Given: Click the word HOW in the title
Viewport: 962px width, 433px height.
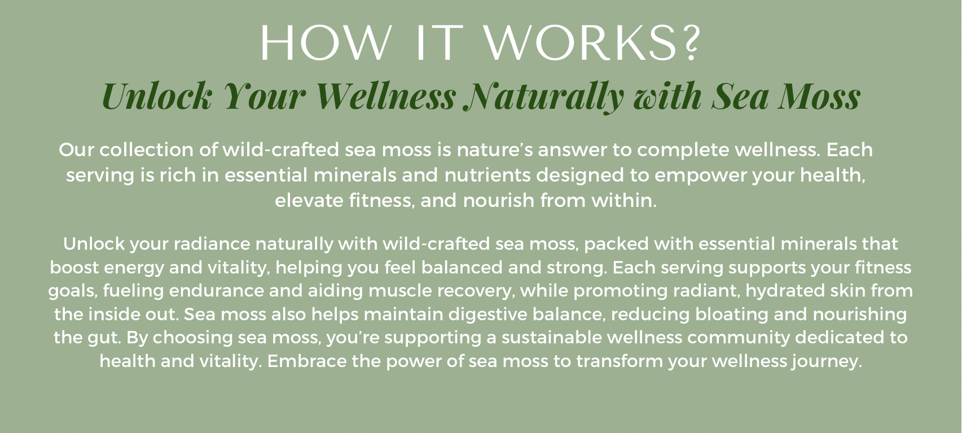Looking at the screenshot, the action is (324, 43).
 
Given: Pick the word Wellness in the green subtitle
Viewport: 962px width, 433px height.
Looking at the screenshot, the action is (386, 96).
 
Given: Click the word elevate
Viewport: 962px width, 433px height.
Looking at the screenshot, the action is (309, 200).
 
